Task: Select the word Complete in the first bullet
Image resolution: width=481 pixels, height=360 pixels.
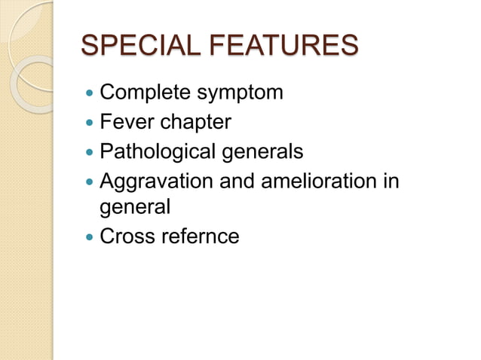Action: pos(144,93)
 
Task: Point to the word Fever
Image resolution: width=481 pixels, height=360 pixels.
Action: pos(126,122)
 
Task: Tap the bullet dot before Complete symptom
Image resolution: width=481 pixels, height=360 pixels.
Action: pos(90,94)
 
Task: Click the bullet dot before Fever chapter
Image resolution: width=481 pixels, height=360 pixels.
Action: pos(90,123)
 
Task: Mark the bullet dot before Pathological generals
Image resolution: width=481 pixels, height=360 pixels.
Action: pos(90,152)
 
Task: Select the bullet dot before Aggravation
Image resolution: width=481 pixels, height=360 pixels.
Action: pos(90,182)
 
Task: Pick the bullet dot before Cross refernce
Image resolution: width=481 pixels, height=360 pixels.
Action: pos(90,236)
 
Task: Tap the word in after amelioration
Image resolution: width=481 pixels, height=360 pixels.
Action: pos(389,181)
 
